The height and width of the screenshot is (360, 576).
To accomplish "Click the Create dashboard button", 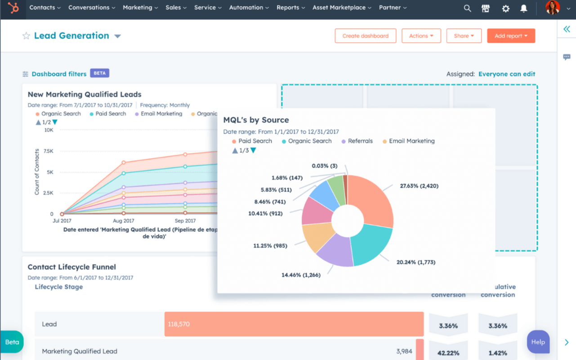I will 365,36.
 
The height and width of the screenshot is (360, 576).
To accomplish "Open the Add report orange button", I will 511,36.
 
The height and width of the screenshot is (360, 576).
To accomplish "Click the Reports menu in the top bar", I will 290,8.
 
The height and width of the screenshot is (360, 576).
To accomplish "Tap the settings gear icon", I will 505,9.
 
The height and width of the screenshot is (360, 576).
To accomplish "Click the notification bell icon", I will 523,9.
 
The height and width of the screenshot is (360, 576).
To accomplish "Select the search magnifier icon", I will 467,9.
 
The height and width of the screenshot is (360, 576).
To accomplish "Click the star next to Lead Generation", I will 26,36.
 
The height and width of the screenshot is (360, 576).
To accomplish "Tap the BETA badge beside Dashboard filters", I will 99,73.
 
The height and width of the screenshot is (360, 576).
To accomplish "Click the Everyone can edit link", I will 506,74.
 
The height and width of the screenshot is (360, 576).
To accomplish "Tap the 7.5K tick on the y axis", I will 48,151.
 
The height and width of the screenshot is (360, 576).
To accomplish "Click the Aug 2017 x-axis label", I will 124,221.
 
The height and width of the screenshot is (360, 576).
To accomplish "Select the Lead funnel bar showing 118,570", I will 294,324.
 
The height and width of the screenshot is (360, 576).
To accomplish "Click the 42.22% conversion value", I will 448,353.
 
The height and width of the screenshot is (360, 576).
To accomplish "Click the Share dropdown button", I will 464,36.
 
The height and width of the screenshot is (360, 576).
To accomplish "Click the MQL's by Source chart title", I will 256,120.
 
